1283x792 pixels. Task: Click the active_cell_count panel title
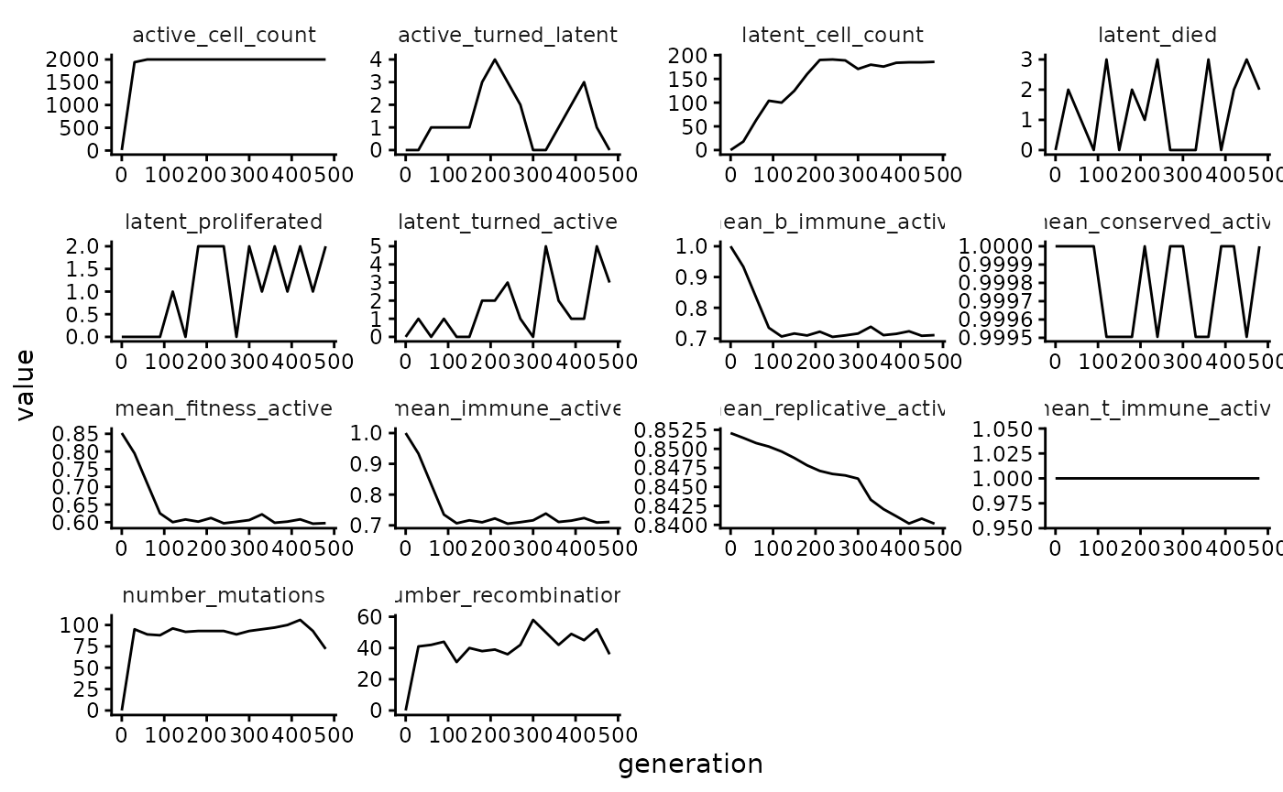click(224, 36)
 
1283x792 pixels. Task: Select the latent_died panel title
click(1157, 36)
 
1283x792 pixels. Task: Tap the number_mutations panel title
click(224, 596)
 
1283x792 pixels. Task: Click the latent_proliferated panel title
click(224, 222)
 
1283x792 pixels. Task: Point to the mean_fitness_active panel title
click(224, 409)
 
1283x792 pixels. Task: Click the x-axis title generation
click(690, 765)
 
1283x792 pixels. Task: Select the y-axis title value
click(25, 385)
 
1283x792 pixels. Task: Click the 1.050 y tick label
click(1010, 429)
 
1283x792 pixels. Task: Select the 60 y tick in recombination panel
click(369, 617)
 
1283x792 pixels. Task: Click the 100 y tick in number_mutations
click(82, 625)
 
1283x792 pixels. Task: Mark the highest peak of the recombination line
click(532, 620)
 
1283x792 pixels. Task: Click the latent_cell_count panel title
click(832, 36)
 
